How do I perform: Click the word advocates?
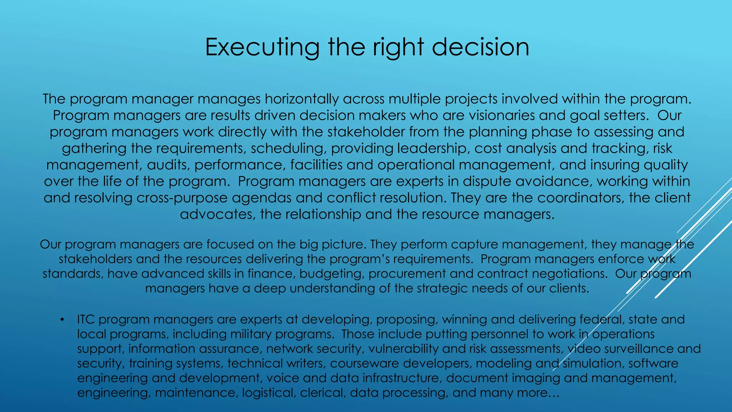[218, 214]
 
